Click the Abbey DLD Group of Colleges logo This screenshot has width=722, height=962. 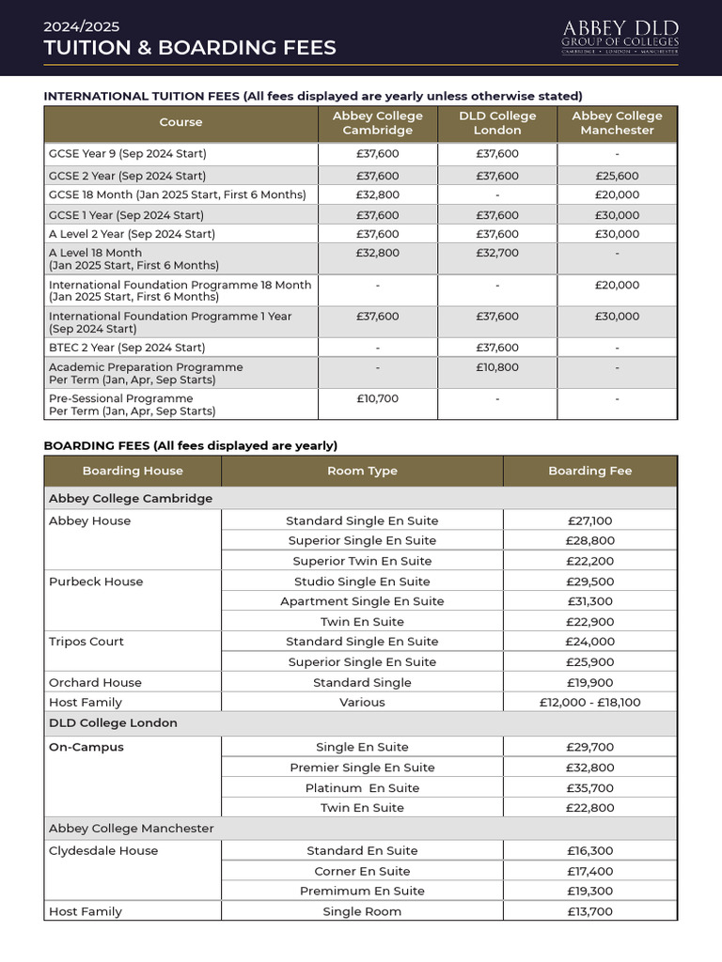click(x=620, y=37)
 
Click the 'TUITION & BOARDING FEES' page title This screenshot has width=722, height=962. click(x=190, y=48)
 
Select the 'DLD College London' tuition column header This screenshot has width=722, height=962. click(x=497, y=123)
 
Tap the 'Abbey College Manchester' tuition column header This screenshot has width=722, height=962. click(x=617, y=123)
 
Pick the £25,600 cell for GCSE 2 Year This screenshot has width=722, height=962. click(x=617, y=176)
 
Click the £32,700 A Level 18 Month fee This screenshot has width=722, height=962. click(x=497, y=253)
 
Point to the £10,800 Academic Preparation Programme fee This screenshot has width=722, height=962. click(x=497, y=367)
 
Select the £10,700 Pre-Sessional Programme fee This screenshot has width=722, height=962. click(x=378, y=398)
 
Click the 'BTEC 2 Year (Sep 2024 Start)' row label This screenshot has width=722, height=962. click(x=127, y=348)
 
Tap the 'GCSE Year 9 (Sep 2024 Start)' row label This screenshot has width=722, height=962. click(x=127, y=153)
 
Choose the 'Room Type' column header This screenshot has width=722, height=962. click(x=362, y=471)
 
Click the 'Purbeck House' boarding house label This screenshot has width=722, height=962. click(x=96, y=582)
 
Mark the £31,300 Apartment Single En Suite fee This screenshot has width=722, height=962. click(x=589, y=601)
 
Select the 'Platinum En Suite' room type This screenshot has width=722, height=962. click(x=362, y=788)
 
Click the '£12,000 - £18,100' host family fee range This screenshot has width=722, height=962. click(x=589, y=702)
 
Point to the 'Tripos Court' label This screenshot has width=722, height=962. click(x=86, y=642)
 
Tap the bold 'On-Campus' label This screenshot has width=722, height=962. click(x=86, y=748)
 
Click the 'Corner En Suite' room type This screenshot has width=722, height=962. click(x=362, y=871)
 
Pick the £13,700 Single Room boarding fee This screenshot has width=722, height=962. click(x=589, y=911)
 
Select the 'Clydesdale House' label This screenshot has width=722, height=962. click(x=103, y=851)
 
